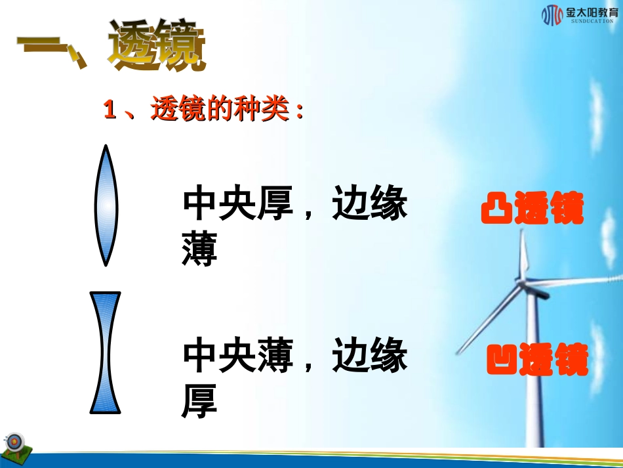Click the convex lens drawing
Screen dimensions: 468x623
pos(106,205)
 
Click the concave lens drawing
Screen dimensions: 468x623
pos(106,352)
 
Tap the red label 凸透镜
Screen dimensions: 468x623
pos(532,209)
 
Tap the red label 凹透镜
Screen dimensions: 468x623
pos(537,360)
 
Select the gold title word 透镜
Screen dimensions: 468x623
pos(157,46)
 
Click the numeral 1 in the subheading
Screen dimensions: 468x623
pos(110,110)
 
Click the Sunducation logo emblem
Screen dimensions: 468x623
pos(552,14)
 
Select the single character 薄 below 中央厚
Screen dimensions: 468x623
pos(199,253)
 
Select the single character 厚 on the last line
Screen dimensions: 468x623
pos(199,404)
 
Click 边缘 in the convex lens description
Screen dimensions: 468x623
pos(370,205)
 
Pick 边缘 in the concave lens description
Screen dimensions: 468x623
pos(370,356)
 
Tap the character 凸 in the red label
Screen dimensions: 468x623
pos(495,209)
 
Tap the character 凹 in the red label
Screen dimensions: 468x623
pos(501,360)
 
